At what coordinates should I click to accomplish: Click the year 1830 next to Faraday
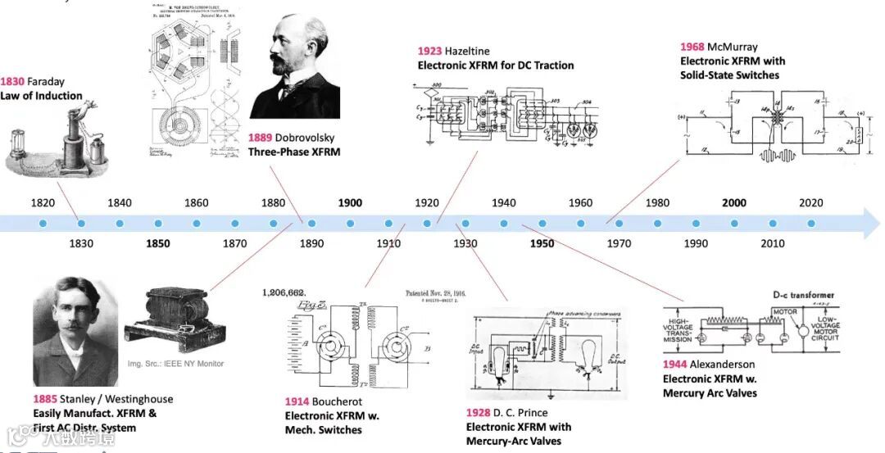click(12, 82)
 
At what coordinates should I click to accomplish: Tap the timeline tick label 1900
click(350, 203)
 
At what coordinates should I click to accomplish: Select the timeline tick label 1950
click(542, 243)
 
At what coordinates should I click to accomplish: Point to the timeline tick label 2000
click(734, 203)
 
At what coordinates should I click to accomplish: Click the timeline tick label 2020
click(811, 203)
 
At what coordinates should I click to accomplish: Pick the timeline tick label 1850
click(158, 243)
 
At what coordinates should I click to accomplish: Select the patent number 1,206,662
click(284, 292)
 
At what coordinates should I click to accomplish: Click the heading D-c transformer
click(803, 295)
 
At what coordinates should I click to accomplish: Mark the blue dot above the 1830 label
click(81, 223)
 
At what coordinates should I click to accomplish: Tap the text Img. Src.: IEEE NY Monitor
click(175, 364)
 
